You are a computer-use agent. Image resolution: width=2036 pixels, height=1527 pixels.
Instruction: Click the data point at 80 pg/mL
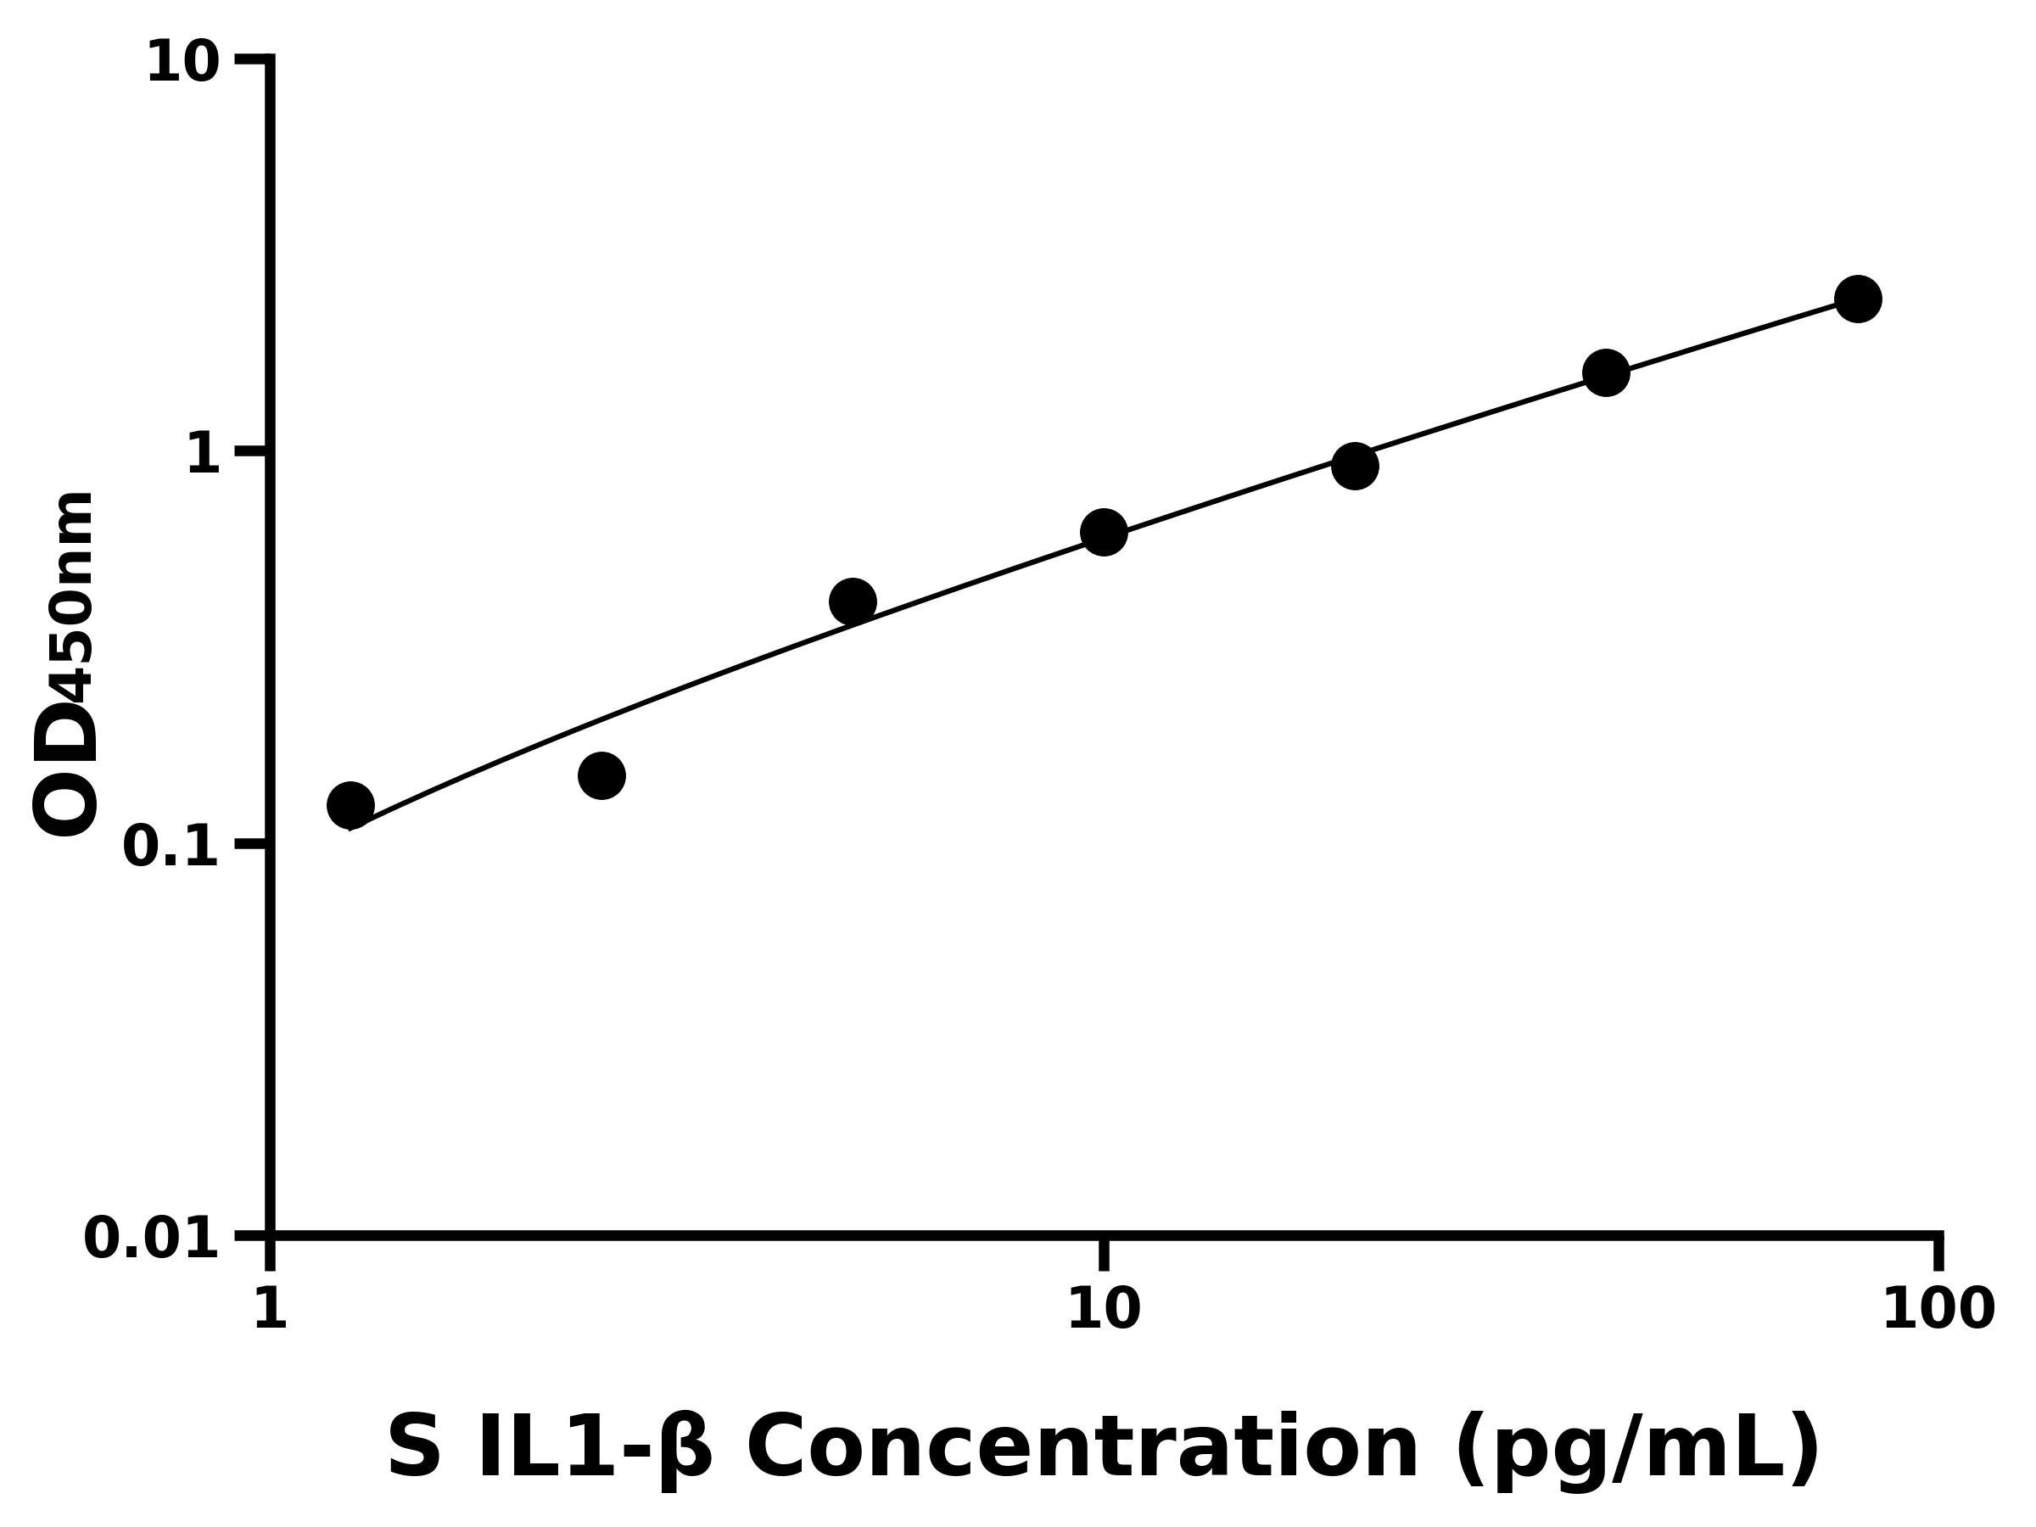(1858, 299)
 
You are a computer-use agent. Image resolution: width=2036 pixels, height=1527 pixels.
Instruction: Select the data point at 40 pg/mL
(1606, 372)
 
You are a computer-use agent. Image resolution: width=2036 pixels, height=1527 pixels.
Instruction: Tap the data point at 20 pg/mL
(1355, 466)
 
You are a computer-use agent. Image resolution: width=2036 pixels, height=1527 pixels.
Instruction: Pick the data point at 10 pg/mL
(1104, 532)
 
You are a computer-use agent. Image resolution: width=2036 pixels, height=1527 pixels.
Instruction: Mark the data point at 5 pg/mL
(853, 602)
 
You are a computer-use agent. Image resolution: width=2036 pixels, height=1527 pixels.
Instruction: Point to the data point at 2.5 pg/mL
(601, 775)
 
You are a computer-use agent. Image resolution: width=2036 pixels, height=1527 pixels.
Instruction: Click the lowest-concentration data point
(350, 805)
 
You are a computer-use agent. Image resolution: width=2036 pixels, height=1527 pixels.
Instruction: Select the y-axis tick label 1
(204, 455)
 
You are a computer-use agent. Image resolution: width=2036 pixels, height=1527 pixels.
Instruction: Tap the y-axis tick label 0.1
(171, 847)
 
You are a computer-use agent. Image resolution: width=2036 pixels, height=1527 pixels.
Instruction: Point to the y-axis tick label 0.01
(152, 1239)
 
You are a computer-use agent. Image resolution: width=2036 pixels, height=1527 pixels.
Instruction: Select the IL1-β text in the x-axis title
(593, 1449)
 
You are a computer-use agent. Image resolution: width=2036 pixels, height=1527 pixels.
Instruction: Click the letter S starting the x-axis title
(413, 1449)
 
